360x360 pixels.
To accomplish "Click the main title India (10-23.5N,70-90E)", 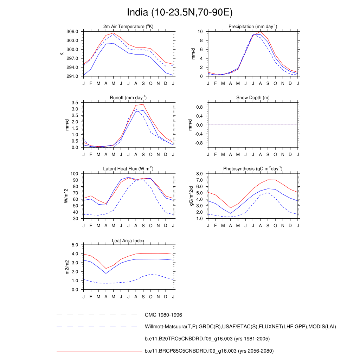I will tap(180, 13).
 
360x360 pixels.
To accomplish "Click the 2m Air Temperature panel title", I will tap(128, 26).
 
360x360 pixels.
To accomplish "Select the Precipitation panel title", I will tap(252, 26).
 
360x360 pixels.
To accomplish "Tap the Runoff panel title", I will tap(128, 97).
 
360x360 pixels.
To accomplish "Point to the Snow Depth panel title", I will tap(252, 97).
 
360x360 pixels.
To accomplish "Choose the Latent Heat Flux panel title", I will tap(128, 169).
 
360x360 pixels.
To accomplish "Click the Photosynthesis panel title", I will tap(252, 169).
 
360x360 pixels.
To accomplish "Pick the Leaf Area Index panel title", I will tap(128, 240).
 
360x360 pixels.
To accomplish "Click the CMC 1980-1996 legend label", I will tap(163, 315).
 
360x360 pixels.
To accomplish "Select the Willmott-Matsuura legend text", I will tap(240, 327).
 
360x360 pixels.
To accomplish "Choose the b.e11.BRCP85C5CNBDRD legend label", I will tap(209, 351).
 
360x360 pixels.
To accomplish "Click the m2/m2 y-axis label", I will tap(67, 267).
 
